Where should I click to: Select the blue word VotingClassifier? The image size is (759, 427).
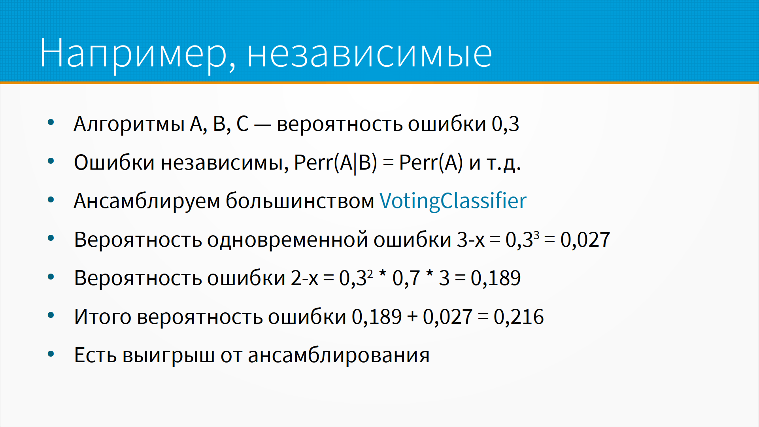(453, 201)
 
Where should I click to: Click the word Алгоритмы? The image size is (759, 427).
(129, 124)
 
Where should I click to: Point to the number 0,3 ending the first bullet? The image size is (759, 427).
(505, 124)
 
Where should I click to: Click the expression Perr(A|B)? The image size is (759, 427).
(336, 162)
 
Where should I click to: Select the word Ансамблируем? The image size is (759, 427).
(147, 201)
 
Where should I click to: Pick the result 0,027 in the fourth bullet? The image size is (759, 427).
(585, 240)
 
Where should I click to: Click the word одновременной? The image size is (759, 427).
(287, 240)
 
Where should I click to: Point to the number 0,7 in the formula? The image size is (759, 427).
(406, 278)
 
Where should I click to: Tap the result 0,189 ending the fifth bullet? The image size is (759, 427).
(496, 278)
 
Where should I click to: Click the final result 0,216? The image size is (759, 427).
(519, 317)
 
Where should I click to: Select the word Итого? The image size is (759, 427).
(103, 317)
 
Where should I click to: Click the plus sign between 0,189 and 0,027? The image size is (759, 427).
(412, 317)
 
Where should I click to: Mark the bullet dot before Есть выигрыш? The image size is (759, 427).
(51, 354)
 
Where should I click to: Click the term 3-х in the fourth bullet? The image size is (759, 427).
(471, 240)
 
